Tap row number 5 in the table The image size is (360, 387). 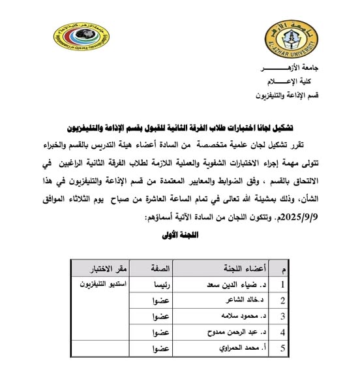click(x=282, y=348)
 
